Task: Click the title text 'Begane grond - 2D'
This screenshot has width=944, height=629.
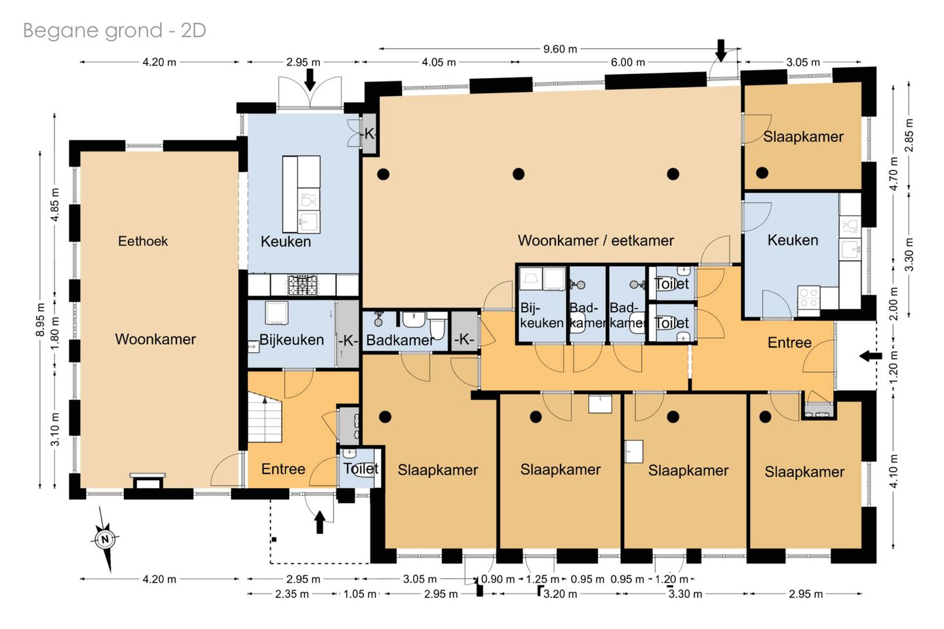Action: point(114,31)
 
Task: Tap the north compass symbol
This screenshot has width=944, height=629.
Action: point(105,538)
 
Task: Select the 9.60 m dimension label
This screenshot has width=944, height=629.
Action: point(560,49)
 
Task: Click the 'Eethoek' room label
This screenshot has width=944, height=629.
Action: point(143,241)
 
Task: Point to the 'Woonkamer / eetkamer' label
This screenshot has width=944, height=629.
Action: point(595,241)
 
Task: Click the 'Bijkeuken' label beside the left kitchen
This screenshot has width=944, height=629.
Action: point(291,340)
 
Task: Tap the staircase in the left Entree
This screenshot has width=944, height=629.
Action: point(264,416)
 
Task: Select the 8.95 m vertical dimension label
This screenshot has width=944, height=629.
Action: point(41,319)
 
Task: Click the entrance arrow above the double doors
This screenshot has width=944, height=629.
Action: point(309,80)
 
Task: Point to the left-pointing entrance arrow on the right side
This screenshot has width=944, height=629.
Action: point(871,356)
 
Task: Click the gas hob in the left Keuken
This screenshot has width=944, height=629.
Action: point(302,285)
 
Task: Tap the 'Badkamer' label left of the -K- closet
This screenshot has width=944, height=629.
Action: point(400,340)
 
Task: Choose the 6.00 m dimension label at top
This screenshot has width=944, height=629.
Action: point(628,62)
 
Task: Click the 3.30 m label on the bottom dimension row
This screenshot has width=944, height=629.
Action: point(685,594)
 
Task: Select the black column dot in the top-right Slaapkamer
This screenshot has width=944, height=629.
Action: point(762,172)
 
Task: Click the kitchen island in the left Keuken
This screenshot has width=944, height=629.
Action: point(301,194)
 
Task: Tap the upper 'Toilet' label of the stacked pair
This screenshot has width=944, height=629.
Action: point(672,284)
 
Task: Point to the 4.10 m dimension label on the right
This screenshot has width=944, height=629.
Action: point(894,471)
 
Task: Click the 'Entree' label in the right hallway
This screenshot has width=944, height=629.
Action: point(789,342)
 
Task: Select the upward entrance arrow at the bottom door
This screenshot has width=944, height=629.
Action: point(319,522)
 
